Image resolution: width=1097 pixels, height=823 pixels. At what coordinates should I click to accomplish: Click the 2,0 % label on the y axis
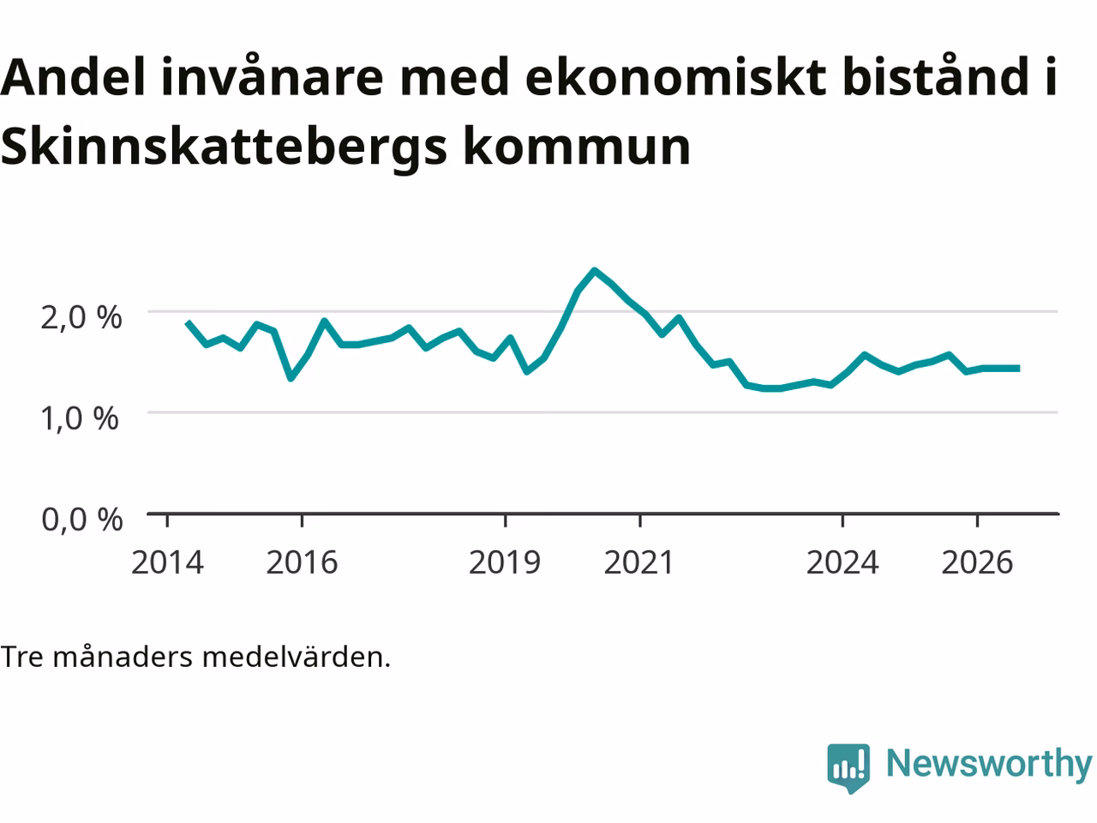(81, 317)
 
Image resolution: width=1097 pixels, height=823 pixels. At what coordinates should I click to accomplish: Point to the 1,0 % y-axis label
(80, 418)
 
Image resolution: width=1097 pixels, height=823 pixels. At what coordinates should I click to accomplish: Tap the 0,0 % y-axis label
(82, 520)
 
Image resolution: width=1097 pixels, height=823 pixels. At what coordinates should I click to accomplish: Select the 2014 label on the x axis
(167, 562)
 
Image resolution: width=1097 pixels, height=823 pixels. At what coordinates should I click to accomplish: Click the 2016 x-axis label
(302, 562)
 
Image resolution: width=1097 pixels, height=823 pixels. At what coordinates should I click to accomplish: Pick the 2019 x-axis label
(505, 562)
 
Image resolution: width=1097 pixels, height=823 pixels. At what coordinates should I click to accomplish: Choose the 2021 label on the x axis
(638, 562)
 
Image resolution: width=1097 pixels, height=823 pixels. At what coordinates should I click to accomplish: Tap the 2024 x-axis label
(842, 562)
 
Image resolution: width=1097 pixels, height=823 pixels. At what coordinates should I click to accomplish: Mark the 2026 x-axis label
(978, 562)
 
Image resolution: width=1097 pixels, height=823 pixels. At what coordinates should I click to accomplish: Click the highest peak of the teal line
(594, 272)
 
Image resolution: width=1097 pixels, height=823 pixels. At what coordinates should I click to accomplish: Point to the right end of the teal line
(1019, 369)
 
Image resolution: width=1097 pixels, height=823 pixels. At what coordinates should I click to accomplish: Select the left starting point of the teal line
(188, 322)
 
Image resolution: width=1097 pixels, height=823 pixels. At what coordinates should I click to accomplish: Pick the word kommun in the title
(578, 146)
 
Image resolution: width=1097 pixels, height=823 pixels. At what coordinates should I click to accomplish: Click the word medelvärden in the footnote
(297, 657)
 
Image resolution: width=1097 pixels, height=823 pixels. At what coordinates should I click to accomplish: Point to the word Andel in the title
(73, 76)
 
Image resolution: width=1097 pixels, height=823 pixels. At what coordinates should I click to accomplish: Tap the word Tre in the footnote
(22, 657)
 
